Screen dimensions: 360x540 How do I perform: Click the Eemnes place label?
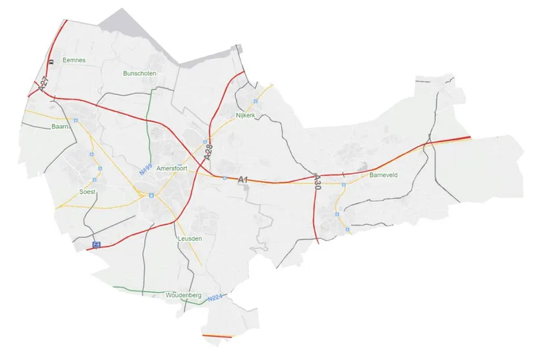point(74,60)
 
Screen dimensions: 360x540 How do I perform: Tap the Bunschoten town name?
point(139,74)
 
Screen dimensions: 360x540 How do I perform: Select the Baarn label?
point(60,127)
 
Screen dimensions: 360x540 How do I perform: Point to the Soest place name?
point(87,192)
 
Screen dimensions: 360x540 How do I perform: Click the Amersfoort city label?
point(172,168)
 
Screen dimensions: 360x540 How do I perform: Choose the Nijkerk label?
point(245,115)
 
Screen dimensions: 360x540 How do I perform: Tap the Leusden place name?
point(190,239)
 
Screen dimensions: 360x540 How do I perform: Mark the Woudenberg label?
point(183,295)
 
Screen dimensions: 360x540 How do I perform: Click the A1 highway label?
point(243,179)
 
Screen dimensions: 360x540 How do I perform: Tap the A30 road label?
point(318,181)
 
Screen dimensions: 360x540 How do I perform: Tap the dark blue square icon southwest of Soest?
point(97,245)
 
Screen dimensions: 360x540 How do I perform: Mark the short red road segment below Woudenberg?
point(217,336)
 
